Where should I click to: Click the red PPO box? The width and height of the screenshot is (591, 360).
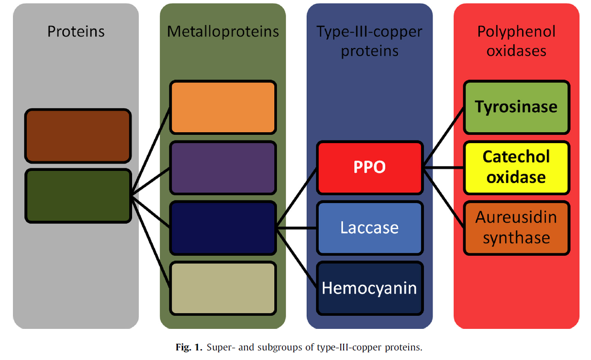(x=369, y=168)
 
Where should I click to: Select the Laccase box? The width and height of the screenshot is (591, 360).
(x=369, y=228)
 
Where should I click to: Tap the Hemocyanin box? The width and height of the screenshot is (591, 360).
(x=369, y=288)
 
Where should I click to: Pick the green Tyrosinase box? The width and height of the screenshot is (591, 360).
(x=516, y=107)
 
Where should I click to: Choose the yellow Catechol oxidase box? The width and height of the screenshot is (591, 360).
(x=516, y=168)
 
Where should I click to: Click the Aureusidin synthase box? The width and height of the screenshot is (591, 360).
(x=516, y=228)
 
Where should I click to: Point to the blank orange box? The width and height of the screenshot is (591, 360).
(x=223, y=107)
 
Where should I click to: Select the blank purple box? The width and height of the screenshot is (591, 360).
(x=223, y=168)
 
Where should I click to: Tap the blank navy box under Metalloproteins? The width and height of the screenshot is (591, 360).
(x=223, y=228)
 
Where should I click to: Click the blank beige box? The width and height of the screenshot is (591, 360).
(x=223, y=288)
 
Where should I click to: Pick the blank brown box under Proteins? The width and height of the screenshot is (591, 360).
(x=78, y=136)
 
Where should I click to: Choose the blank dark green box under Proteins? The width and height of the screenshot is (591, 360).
(x=78, y=196)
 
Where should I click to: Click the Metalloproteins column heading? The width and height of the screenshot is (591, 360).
(x=223, y=32)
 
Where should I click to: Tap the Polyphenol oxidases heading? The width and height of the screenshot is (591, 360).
(x=516, y=41)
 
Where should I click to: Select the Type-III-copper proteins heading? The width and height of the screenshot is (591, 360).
(x=369, y=41)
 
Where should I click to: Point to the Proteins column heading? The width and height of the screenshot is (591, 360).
(x=76, y=32)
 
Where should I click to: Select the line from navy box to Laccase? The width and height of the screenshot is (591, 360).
(x=297, y=228)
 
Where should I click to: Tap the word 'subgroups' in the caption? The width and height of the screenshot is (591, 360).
(x=280, y=348)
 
